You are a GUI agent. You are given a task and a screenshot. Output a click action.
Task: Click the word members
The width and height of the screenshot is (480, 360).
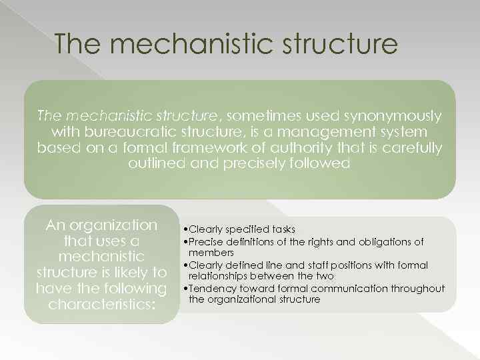point(211,253)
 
